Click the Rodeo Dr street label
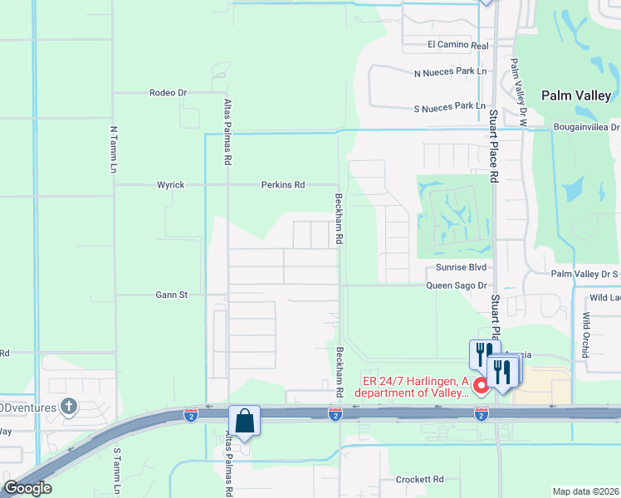[x=169, y=93]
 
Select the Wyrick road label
[x=171, y=185]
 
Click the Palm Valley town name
[x=576, y=96]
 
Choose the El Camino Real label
[x=457, y=46]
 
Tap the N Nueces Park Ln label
[x=450, y=72]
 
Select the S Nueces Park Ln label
[x=449, y=106]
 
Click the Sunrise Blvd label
[x=461, y=268]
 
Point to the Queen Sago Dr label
[x=456, y=286]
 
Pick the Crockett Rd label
[x=419, y=480]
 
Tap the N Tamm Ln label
[x=114, y=149]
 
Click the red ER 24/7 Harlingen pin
[x=480, y=386]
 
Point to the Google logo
[x=27, y=488]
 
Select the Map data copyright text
[x=586, y=491]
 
